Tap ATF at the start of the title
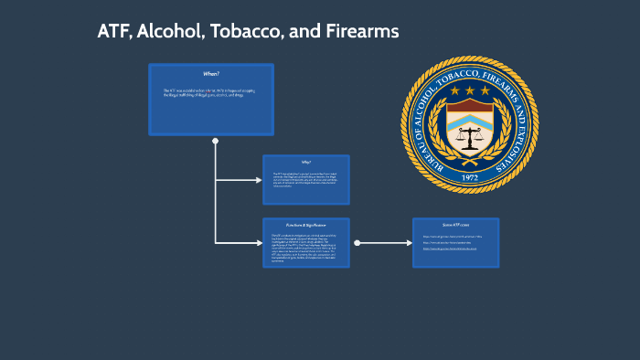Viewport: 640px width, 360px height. point(114,31)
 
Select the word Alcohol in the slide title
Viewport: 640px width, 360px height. point(173,31)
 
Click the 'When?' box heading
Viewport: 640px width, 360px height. point(211,73)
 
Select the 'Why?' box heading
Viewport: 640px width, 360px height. point(305,162)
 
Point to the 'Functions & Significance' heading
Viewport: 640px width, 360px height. point(305,224)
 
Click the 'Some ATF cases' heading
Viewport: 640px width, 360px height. point(455,224)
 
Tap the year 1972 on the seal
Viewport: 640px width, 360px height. point(470,176)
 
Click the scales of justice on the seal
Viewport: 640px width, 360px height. point(470,137)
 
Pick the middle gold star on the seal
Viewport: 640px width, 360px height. point(470,90)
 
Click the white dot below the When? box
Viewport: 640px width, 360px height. point(215,141)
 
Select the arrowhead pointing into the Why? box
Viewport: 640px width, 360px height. point(259,180)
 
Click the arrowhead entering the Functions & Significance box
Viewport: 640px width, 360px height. point(259,243)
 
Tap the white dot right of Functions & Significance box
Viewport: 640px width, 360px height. point(357,243)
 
